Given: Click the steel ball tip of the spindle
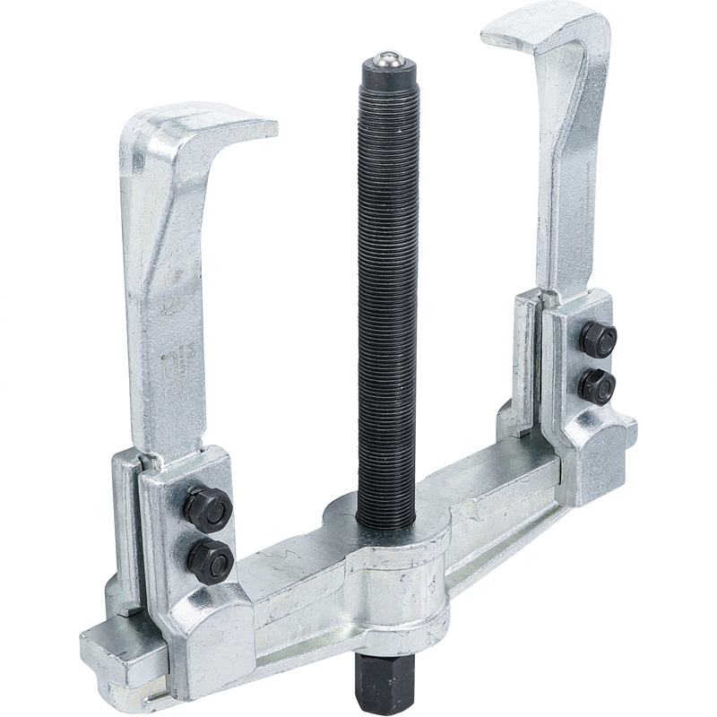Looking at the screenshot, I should pyautogui.click(x=387, y=58).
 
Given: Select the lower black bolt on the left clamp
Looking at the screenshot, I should pyautogui.click(x=211, y=560).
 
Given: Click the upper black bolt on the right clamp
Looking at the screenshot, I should pyautogui.click(x=598, y=340).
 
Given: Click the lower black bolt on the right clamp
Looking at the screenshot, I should pyautogui.click(x=597, y=386).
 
